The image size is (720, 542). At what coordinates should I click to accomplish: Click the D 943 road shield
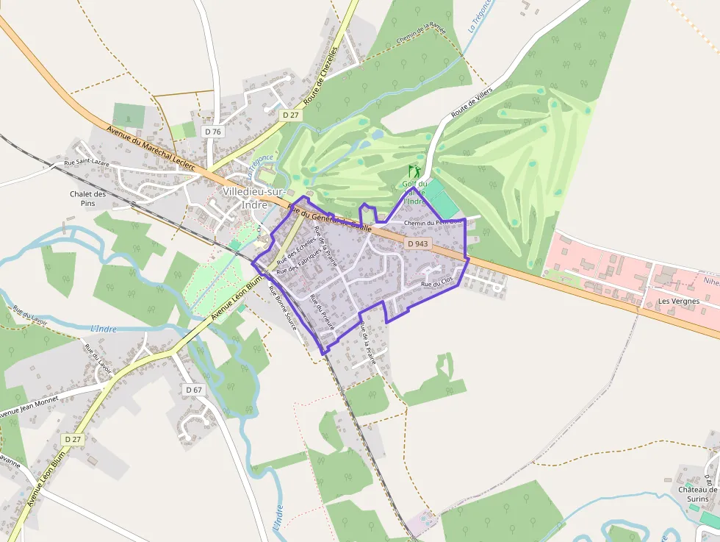tap(417, 243)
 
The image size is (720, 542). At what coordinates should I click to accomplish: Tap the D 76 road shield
tap(213, 131)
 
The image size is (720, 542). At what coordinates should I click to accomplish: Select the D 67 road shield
tap(193, 389)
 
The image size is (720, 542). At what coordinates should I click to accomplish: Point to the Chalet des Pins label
tap(88, 199)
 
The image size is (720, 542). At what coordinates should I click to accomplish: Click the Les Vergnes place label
tap(678, 302)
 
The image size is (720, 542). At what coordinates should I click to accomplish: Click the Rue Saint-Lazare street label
tap(87, 162)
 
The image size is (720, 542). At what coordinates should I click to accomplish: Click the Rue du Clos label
tap(435, 285)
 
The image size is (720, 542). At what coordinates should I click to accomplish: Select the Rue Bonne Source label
tap(281, 307)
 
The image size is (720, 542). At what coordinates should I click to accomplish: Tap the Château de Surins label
tap(697, 494)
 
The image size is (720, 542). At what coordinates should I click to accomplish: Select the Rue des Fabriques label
tap(299, 260)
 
